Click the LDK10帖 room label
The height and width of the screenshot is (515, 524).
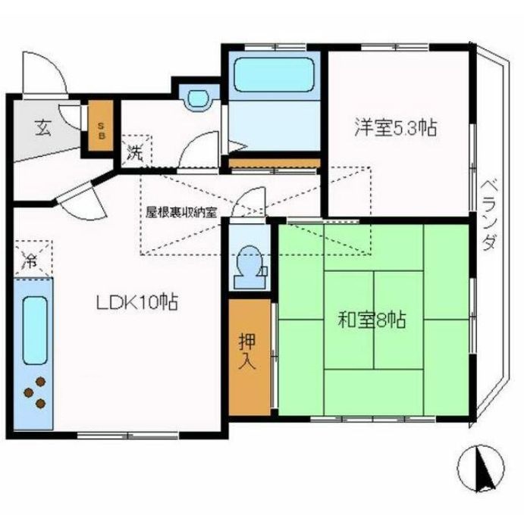[137, 302]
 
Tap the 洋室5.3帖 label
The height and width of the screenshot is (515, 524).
[396, 127]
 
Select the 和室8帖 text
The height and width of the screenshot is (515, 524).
[372, 320]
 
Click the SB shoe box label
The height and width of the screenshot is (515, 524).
[102, 130]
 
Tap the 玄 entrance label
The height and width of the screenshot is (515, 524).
[43, 128]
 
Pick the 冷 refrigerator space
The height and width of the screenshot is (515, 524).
[33, 259]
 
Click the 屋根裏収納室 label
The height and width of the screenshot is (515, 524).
[181, 212]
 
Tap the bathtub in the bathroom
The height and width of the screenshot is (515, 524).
[274, 75]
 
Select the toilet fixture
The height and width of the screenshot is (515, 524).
[251, 267]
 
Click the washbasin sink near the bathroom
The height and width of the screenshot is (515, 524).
[199, 98]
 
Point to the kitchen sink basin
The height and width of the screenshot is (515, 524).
[35, 330]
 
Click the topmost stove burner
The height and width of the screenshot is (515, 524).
[41, 381]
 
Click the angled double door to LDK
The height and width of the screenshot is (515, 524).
[82, 199]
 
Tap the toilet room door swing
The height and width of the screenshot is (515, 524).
[248, 204]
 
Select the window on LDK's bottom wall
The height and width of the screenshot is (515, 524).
[127, 435]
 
